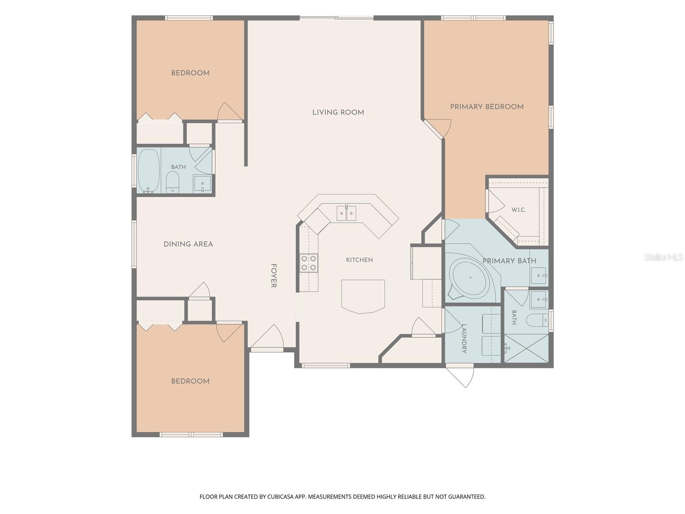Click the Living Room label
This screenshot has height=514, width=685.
pyautogui.click(x=338, y=112)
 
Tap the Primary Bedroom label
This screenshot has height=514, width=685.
pyautogui.click(x=486, y=107)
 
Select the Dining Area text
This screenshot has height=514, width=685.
pyautogui.click(x=188, y=244)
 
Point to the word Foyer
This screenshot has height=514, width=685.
pyautogui.click(x=274, y=275)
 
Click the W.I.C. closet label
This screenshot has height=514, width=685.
pyautogui.click(x=518, y=210)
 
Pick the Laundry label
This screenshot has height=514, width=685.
pyautogui.click(x=464, y=339)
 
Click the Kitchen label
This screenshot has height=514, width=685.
pyautogui.click(x=359, y=260)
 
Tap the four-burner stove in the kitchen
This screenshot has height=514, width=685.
pyautogui.click(x=309, y=263)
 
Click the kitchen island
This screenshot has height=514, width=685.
pyautogui.click(x=363, y=296)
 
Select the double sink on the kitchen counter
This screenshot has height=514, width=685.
pyautogui.click(x=346, y=213)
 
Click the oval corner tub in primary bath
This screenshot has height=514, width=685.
pyautogui.click(x=470, y=278)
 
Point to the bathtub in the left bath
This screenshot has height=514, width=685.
pyautogui.click(x=149, y=170)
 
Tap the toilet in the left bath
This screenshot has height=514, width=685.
pyautogui.click(x=172, y=182)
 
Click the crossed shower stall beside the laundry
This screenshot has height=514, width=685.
pyautogui.click(x=527, y=348)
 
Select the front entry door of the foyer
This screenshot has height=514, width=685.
pyautogui.click(x=267, y=338)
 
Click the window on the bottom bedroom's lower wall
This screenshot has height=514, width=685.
pyautogui.click(x=191, y=434)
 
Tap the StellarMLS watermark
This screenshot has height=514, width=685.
pyautogui.click(x=663, y=257)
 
